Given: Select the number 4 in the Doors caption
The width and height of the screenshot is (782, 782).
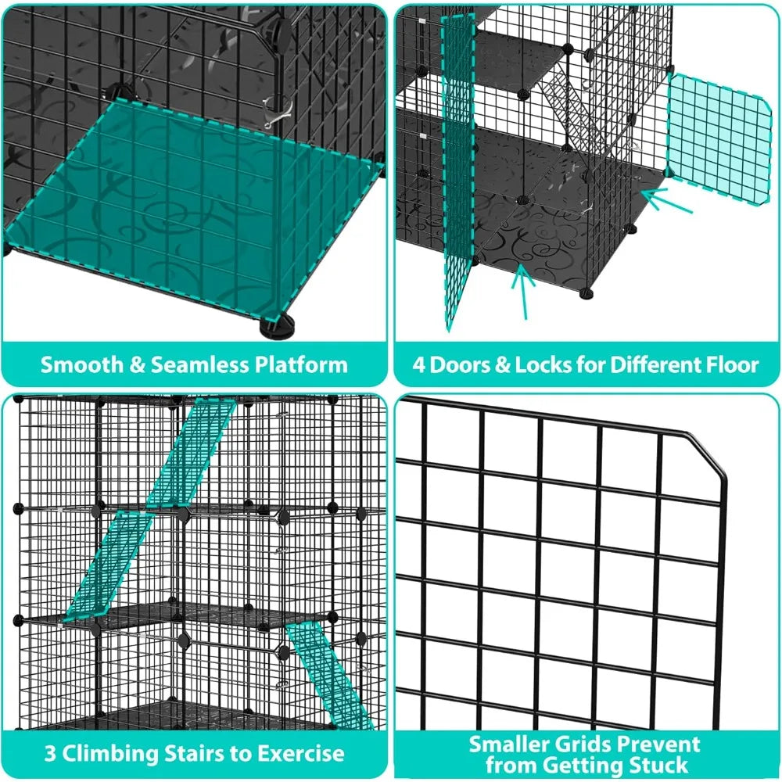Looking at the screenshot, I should [x=419, y=364].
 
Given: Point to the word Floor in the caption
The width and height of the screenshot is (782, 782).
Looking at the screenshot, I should [x=731, y=364].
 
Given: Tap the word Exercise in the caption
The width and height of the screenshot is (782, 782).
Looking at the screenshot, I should [x=302, y=753].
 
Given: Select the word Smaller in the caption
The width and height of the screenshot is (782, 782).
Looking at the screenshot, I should [x=507, y=744].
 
